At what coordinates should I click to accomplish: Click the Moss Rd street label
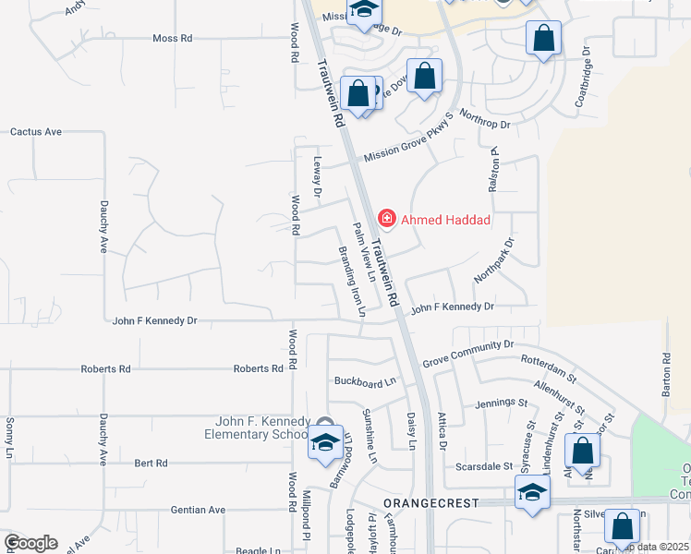(173, 39)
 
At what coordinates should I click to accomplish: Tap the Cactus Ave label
(35, 132)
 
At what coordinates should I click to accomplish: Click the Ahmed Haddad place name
(445, 221)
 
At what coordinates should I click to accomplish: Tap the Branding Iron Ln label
(350, 282)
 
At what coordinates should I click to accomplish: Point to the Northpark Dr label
(493, 261)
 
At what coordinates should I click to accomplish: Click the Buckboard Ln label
(364, 380)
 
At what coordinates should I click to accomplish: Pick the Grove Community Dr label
(467, 354)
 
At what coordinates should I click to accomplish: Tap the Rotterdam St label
(549, 368)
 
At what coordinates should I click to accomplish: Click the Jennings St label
(501, 403)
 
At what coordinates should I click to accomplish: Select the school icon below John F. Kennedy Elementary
(325, 443)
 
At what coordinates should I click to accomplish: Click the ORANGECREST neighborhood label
(431, 503)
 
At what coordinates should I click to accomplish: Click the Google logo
(30, 543)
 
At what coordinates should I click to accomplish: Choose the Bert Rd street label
(150, 463)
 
